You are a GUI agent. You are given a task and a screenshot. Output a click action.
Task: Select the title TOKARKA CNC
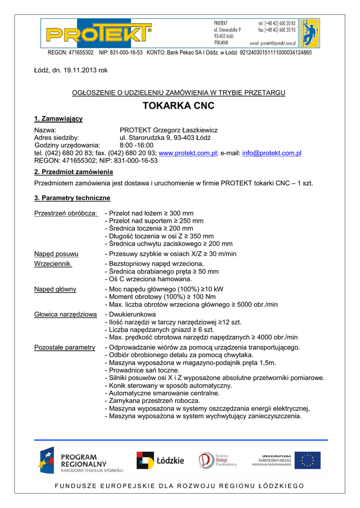coord(178,106)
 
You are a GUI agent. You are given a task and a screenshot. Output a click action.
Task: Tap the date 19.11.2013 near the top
coord(79,70)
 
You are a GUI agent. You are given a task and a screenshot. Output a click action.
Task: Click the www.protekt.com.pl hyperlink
coord(187,153)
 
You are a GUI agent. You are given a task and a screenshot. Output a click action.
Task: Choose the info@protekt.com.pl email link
coord(272,153)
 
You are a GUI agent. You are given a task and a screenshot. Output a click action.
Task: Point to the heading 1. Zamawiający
coord(58,119)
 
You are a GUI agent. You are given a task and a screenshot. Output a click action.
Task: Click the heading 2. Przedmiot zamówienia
coord(73,172)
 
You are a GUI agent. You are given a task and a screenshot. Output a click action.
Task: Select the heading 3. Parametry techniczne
coord(72,198)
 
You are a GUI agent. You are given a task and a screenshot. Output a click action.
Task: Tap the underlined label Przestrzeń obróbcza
coord(66,213)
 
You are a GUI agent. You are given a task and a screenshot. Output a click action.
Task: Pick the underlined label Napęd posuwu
coord(56,254)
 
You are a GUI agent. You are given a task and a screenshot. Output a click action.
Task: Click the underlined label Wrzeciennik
coord(53,264)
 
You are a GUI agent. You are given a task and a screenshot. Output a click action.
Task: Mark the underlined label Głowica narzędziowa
coord(66,315)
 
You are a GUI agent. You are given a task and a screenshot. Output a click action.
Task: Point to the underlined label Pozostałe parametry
coord(65,347)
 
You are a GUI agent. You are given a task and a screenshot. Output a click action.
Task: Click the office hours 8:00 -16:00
coord(137,145)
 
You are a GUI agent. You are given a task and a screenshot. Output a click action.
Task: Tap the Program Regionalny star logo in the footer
coord(46,460)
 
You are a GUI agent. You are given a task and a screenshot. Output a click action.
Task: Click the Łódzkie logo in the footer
coord(160,460)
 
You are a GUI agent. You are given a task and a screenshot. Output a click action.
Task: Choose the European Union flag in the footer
coord(307,460)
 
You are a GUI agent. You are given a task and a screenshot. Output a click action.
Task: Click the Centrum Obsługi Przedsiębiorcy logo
coord(218,460)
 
